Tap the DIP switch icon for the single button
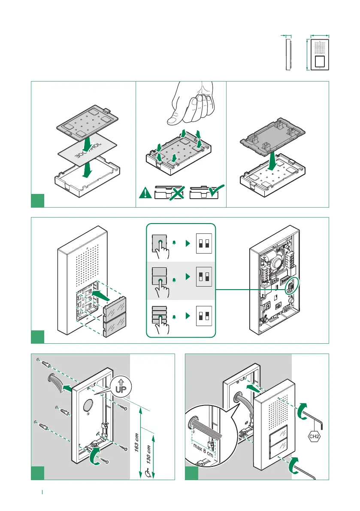pos(204,244)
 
